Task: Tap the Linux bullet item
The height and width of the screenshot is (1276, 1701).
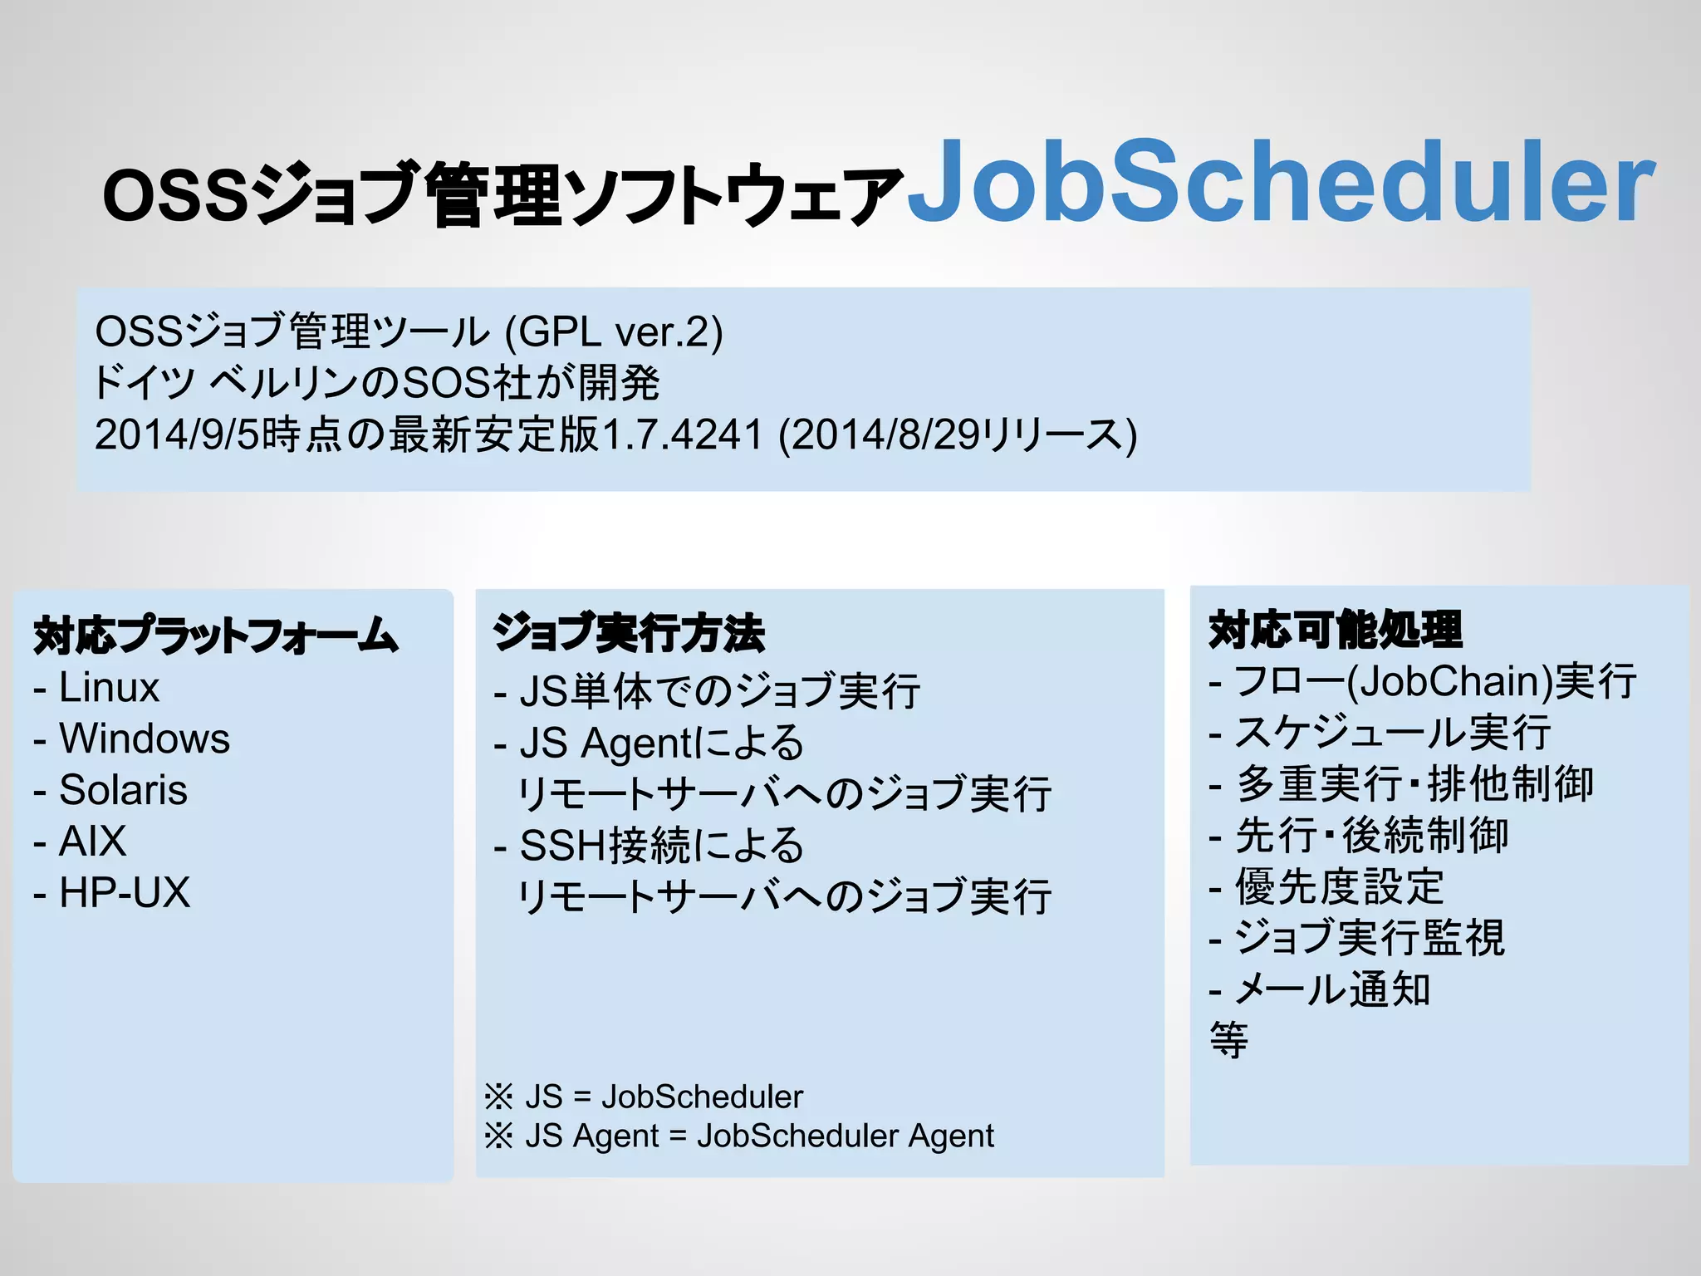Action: coord(108,688)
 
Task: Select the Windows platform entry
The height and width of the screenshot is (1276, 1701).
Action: coord(144,739)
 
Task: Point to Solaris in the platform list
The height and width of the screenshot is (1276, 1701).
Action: coord(123,790)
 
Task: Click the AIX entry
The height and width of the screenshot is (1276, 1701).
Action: coord(92,842)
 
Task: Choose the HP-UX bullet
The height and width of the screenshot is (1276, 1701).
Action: coord(125,893)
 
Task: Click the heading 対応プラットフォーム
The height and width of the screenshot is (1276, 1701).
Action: coord(216,636)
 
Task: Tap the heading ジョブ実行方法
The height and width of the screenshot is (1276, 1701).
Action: coord(629,633)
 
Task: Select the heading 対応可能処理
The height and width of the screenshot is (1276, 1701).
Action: coord(1335,629)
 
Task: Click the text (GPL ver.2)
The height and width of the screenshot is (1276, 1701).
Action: coord(614,332)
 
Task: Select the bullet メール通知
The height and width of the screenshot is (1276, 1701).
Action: coord(1332,989)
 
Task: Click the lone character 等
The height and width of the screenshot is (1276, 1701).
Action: coord(1228,1040)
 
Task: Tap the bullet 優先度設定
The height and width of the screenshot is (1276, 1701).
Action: coord(1339,887)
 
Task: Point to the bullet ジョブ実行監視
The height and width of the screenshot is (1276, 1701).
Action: coord(1369,939)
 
